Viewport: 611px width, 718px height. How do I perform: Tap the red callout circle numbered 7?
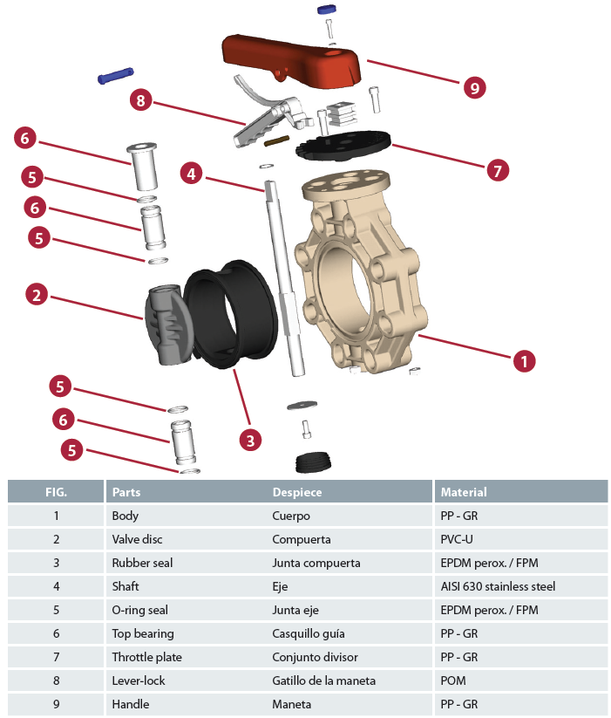[x=497, y=170]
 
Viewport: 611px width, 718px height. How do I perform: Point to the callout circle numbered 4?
[x=192, y=173]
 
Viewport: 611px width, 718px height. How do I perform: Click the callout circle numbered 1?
[x=523, y=359]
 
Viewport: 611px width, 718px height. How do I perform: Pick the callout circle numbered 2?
[x=36, y=295]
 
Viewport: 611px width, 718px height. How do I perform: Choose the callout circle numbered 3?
[x=250, y=440]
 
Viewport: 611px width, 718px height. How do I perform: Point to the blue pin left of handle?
[x=115, y=77]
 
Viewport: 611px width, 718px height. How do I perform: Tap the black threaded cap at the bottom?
[x=315, y=462]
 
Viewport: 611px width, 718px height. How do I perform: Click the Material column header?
[x=464, y=492]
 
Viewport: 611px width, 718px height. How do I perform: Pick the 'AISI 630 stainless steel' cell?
[x=498, y=586]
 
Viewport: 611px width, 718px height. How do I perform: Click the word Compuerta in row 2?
[x=302, y=539]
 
